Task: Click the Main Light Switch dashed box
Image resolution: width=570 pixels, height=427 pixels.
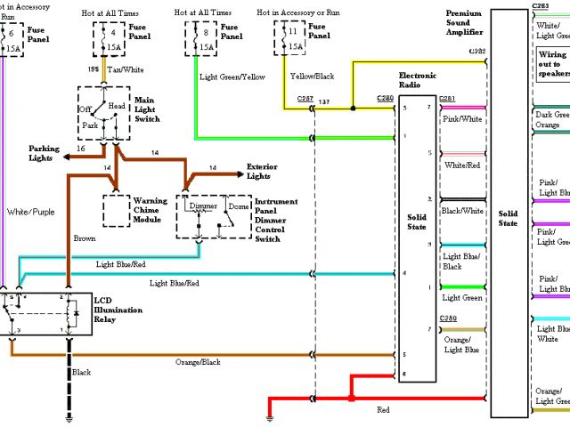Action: [x=104, y=113]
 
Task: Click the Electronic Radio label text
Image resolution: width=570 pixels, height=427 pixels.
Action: [x=419, y=83]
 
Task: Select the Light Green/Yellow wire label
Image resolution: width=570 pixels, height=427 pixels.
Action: [x=233, y=77]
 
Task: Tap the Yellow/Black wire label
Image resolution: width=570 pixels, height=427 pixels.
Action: [x=312, y=77]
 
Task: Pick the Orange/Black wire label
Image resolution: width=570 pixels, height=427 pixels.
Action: [x=199, y=362]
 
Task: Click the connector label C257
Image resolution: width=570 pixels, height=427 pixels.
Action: [x=305, y=99]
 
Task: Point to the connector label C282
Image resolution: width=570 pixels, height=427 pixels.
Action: [x=477, y=52]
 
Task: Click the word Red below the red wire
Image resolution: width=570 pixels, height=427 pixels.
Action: [x=384, y=410]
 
